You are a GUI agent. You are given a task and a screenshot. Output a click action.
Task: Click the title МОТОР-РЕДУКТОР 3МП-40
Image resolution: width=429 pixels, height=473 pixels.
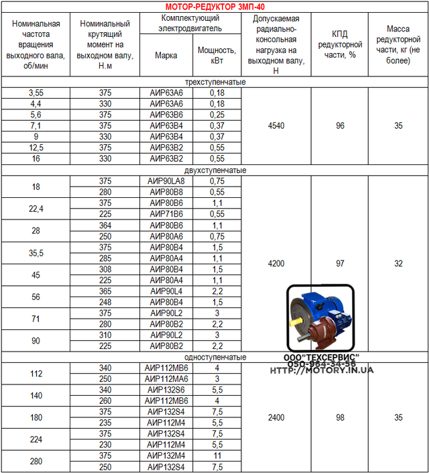[214, 6]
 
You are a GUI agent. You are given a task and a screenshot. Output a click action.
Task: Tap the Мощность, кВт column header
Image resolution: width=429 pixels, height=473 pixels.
[217, 55]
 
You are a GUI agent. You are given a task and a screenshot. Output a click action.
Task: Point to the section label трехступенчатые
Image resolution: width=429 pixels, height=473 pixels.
[214, 83]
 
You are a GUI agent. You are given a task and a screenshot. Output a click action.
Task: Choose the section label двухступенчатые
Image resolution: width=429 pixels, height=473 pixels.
[214, 170]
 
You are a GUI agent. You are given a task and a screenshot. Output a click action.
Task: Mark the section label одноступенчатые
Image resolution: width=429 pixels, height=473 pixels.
[214, 358]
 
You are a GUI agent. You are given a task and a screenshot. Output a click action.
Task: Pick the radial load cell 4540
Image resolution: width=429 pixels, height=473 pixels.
[275, 125]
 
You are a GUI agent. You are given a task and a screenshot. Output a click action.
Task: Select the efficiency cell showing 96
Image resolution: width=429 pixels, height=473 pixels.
[339, 125]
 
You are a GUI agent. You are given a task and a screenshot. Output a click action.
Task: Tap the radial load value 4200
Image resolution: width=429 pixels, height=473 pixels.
[275, 264]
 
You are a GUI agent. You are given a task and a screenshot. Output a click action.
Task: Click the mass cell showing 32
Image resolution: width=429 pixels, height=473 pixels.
[398, 264]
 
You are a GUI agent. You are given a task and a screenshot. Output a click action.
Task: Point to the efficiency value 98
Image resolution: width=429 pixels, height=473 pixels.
[339, 417]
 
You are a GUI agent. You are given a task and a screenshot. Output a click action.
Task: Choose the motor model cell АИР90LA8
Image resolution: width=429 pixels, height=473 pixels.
[166, 181]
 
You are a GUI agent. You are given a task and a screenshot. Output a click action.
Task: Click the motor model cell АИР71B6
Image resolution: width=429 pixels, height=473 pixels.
[166, 213]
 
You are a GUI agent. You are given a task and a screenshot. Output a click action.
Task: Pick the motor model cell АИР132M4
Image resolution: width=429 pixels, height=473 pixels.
[166, 456]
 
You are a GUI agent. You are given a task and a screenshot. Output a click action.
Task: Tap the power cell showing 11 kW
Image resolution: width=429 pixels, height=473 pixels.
[217, 456]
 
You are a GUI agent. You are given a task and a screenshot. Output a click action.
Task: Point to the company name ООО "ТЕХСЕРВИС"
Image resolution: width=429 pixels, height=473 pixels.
[322, 357]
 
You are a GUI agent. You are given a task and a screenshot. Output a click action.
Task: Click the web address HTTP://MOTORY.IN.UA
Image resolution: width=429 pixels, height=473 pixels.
[322, 370]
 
